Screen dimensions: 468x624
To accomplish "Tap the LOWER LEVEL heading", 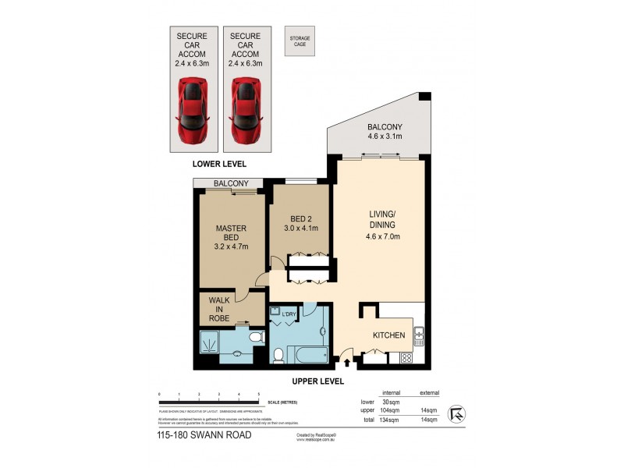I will [219, 165].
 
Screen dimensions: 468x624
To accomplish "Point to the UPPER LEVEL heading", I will [318, 381].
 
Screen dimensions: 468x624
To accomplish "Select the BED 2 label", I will [300, 222].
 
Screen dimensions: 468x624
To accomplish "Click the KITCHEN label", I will [388, 335].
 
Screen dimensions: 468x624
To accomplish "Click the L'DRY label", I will [289, 314].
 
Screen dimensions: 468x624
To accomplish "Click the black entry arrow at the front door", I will [347, 362].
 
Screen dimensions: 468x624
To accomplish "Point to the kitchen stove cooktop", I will [405, 359].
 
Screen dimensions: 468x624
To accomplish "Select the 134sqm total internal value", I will [390, 420].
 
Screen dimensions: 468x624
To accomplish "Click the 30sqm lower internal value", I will [392, 401].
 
